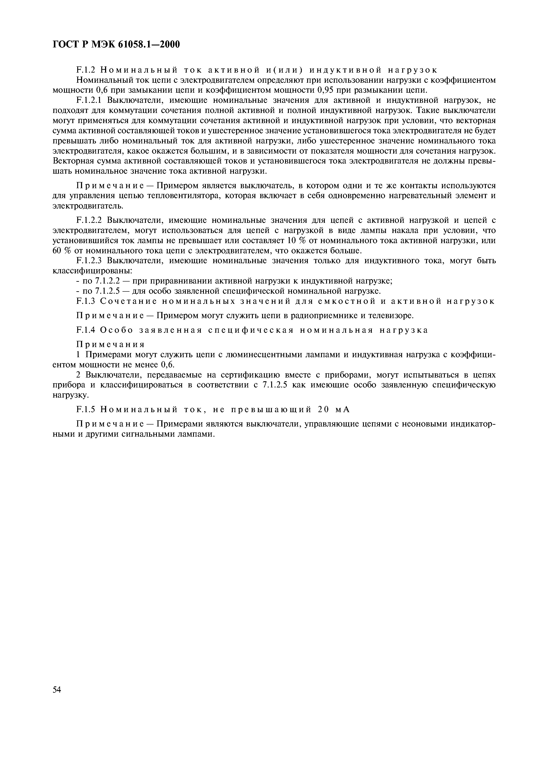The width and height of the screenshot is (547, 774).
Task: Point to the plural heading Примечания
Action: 110,344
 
